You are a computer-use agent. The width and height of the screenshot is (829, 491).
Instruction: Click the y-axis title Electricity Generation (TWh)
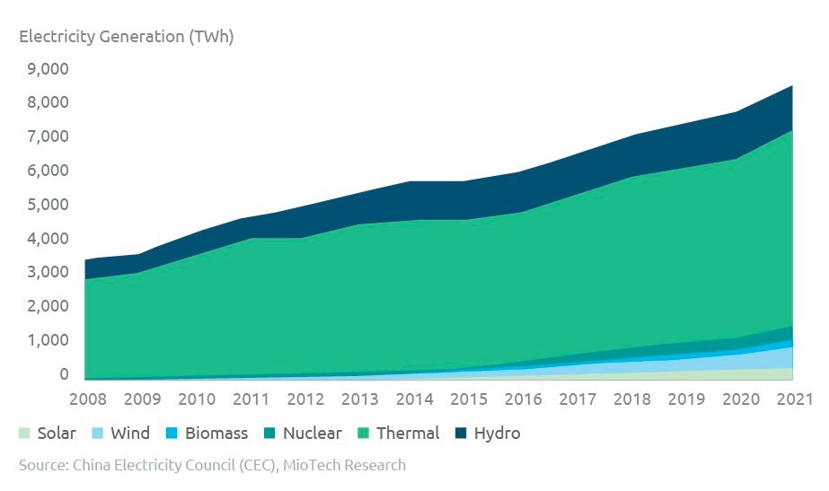point(126,37)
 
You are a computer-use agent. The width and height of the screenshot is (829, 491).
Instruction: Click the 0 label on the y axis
point(64,374)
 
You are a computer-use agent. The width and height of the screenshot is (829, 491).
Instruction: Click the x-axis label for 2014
point(414,399)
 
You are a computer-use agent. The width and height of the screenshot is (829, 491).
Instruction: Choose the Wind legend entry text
point(130,434)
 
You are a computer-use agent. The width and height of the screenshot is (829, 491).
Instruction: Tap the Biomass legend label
point(216,434)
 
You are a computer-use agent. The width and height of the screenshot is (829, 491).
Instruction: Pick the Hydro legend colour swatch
point(461,434)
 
